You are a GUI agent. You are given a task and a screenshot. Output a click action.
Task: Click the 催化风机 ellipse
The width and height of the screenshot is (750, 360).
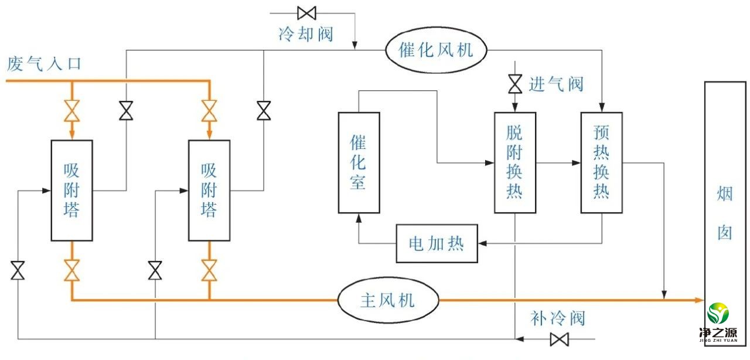[436, 50]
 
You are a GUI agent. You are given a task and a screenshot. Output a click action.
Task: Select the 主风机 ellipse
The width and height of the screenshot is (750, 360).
[388, 300]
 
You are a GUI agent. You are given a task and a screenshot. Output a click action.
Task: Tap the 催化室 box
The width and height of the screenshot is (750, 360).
[359, 162]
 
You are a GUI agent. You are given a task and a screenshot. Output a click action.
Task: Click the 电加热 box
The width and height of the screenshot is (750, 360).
[437, 243]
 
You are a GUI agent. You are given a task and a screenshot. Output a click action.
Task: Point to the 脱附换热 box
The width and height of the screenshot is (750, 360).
[514, 162]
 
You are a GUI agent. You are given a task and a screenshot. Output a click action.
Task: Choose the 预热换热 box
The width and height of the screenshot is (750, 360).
[601, 162]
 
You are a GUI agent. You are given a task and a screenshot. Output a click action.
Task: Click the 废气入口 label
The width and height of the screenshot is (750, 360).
[45, 64]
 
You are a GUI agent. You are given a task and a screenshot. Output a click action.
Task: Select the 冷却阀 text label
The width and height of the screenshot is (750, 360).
[306, 33]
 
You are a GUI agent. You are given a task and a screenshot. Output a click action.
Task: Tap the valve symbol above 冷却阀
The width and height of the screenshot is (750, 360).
[306, 12]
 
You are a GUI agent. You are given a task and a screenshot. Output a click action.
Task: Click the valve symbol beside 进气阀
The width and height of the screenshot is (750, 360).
[515, 84]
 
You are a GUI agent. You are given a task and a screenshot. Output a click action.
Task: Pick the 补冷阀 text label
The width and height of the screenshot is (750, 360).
[558, 318]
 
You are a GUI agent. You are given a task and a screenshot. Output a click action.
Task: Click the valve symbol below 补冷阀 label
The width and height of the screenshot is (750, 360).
[560, 339]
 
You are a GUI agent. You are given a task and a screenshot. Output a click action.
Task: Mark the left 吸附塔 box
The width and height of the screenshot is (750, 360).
[71, 191]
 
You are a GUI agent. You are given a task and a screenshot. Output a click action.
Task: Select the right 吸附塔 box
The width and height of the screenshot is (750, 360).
[209, 191]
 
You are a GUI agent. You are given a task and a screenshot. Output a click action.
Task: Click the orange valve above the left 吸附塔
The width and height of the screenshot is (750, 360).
[71, 110]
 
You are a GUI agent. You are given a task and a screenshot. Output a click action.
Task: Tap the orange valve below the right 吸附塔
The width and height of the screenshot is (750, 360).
[209, 270]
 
